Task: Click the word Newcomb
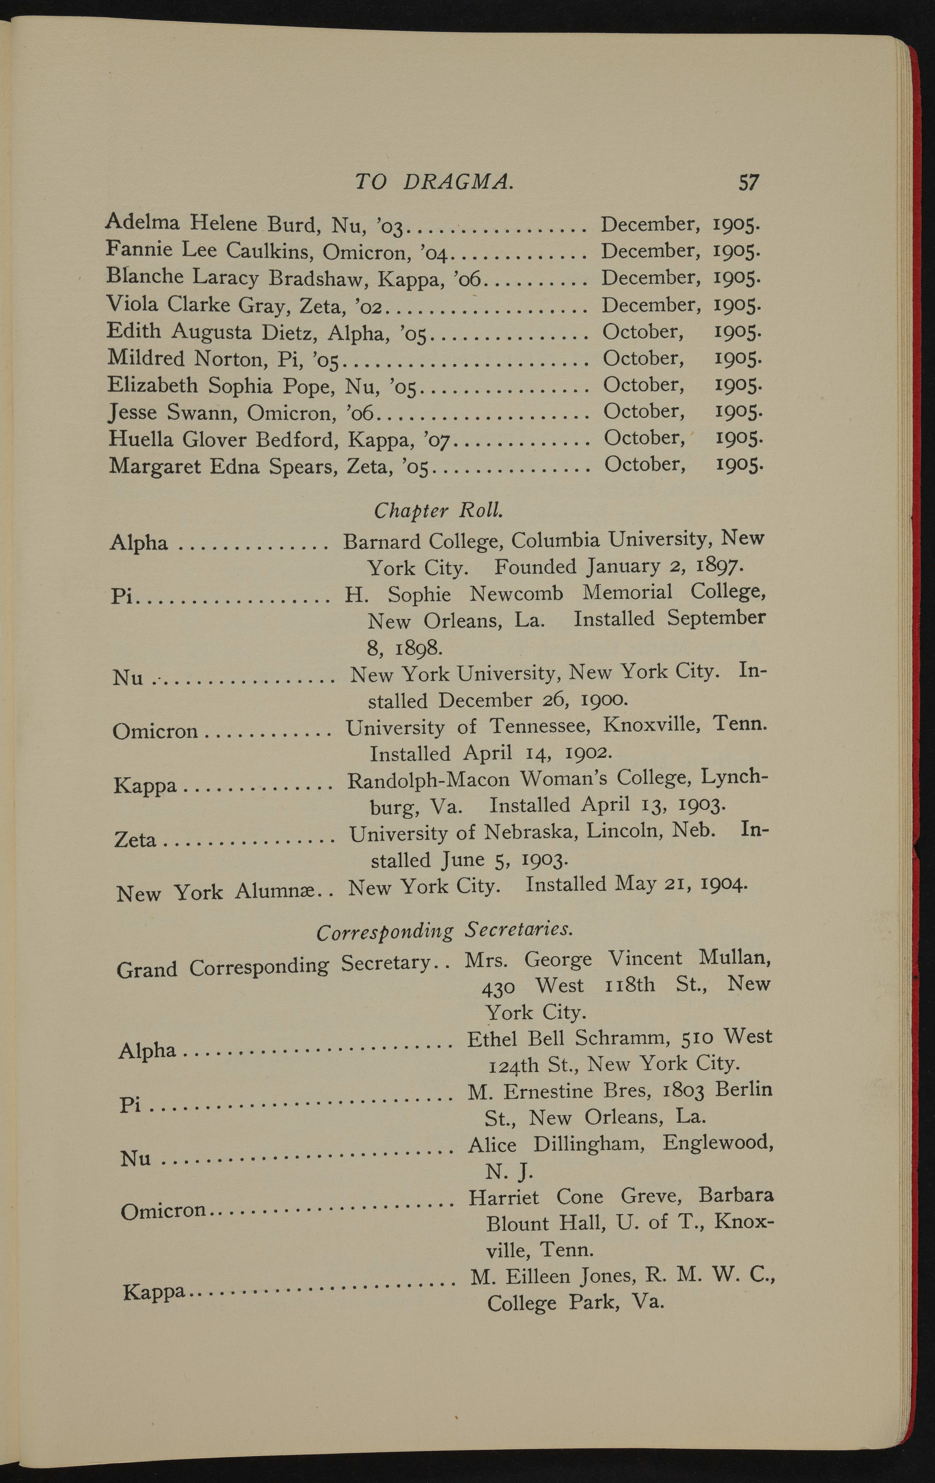[516, 594]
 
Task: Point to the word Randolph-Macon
[428, 780]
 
